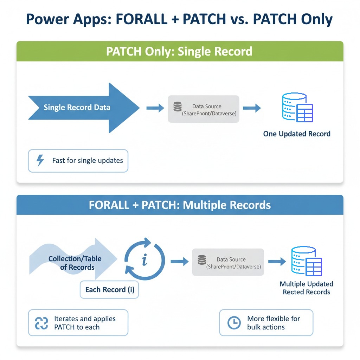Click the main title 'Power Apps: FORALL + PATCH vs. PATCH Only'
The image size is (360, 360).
(x=180, y=19)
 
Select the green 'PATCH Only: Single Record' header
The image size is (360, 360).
(x=180, y=51)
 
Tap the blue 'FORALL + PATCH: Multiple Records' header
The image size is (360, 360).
(x=180, y=205)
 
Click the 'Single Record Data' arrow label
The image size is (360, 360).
(x=77, y=108)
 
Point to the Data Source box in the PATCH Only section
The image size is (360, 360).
(x=204, y=109)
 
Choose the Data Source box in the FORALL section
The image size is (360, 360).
(x=228, y=262)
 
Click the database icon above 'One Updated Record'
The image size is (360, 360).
(x=297, y=108)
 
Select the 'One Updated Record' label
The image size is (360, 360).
(x=297, y=134)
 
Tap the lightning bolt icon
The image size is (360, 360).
(x=40, y=161)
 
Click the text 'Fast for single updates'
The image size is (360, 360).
(x=88, y=161)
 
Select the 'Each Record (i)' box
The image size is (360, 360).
(x=109, y=290)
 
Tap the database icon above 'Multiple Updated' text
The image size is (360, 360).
(x=306, y=262)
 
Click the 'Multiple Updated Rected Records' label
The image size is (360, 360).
(x=306, y=288)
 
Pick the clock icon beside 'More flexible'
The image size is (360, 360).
(x=234, y=323)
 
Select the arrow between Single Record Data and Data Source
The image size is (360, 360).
(x=155, y=108)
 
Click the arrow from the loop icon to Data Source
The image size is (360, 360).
(x=180, y=262)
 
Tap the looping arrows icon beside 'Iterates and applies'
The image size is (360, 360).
(x=41, y=323)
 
